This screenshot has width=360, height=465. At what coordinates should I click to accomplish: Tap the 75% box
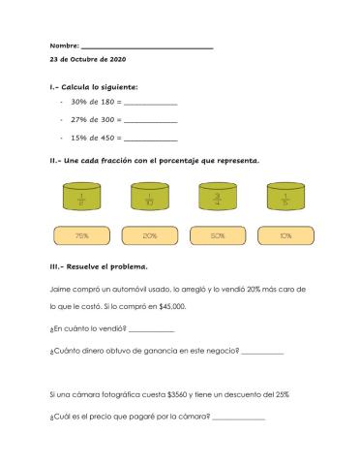[x=81, y=235]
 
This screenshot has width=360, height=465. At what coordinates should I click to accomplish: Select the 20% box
[x=149, y=235]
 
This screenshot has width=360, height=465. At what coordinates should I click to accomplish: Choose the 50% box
[x=217, y=235]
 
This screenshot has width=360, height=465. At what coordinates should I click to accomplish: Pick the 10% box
[x=285, y=235]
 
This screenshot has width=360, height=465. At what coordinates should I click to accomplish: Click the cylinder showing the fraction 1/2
[x=81, y=198]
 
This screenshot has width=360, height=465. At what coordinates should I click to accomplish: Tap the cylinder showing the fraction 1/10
[x=149, y=198]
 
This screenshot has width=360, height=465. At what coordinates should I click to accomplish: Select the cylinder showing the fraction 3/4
[x=217, y=198]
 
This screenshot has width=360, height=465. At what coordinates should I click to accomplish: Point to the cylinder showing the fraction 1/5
[x=285, y=198]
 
